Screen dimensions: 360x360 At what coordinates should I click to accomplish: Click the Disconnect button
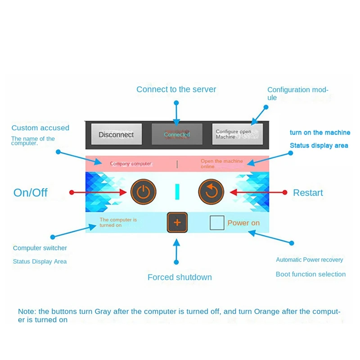click(117, 134)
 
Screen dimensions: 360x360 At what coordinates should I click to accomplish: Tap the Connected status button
click(177, 134)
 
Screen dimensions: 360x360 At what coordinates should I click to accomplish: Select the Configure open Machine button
click(238, 134)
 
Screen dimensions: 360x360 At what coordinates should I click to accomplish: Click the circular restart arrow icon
click(211, 192)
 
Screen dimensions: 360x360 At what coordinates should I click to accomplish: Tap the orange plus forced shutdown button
click(177, 222)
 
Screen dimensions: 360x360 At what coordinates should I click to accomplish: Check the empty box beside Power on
click(217, 222)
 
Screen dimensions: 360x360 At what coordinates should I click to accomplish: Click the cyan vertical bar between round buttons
click(177, 192)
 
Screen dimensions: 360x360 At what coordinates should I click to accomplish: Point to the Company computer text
click(130, 164)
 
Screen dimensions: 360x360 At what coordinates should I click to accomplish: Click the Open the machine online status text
click(221, 164)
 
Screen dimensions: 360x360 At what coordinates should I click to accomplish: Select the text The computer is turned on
click(118, 222)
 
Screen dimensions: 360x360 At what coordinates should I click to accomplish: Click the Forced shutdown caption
click(180, 277)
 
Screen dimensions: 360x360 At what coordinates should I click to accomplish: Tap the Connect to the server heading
click(176, 89)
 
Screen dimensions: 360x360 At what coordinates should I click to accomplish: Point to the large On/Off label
click(30, 193)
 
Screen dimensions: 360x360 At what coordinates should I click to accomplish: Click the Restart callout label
click(308, 193)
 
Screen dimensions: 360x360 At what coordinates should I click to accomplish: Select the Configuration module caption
click(298, 94)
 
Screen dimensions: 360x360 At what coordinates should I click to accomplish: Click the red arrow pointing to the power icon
click(98, 192)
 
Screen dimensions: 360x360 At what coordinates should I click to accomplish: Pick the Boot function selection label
click(310, 274)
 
